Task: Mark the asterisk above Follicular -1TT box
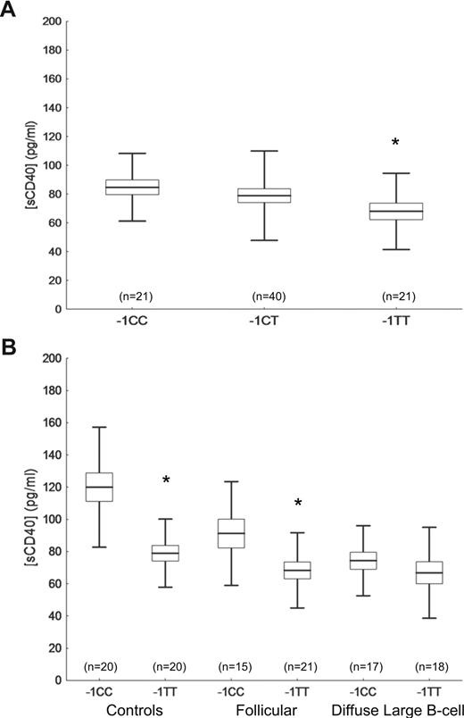tap(298, 504)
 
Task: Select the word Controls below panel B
tap(137, 707)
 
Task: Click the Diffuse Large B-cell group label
tap(382, 707)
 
